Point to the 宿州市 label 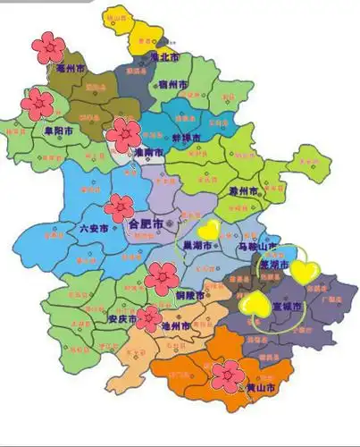coord(172,85)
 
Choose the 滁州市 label coord(242,191)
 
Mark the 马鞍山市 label coord(255,246)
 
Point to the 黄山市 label coord(259,387)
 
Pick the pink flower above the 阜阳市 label coord(38,104)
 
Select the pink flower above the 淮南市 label coord(123,135)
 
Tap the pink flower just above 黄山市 coord(228,375)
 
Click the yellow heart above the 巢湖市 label coord(208,230)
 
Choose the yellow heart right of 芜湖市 coord(304,271)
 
